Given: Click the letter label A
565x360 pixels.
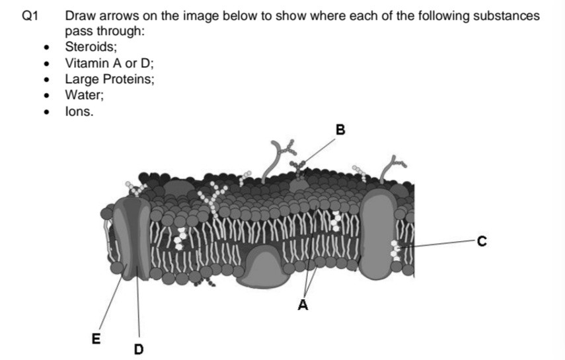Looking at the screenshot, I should pyautogui.click(x=303, y=305).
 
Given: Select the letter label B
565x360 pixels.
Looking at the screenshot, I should pyautogui.click(x=340, y=130).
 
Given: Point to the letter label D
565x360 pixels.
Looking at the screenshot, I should pyautogui.click(x=139, y=348).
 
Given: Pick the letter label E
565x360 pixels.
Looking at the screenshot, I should pyautogui.click(x=96, y=340).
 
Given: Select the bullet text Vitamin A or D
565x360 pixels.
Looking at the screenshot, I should pyautogui.click(x=109, y=63).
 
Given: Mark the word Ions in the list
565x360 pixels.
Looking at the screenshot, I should pyautogui.click(x=78, y=112).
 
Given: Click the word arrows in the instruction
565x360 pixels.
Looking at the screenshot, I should pyautogui.click(x=113, y=16).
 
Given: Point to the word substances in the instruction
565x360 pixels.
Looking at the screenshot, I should pyautogui.click(x=506, y=16).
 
